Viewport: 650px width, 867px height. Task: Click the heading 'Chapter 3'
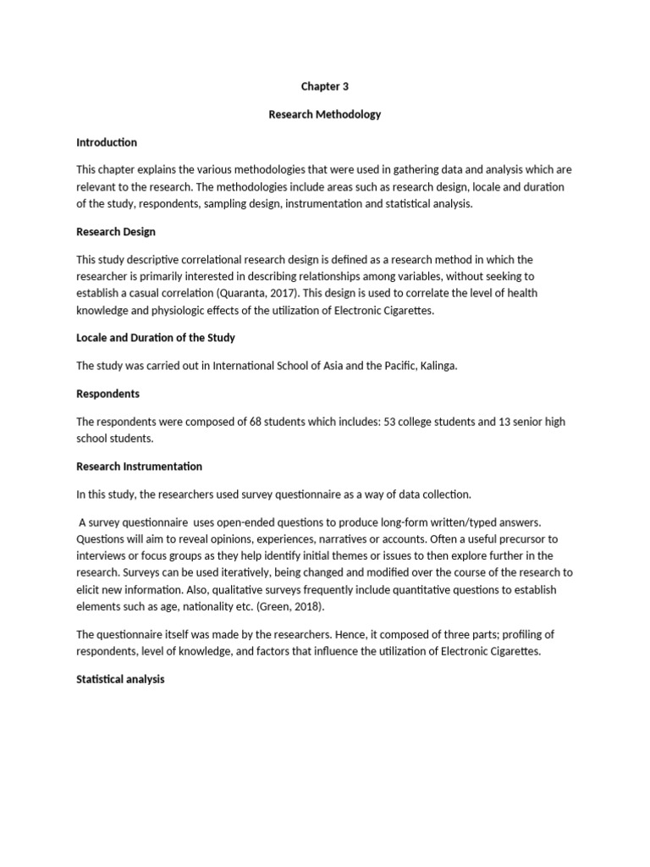(x=324, y=86)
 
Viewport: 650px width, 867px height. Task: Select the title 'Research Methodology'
(x=324, y=114)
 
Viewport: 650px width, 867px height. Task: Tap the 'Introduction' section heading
(x=107, y=142)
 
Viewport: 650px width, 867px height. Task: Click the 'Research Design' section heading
(x=116, y=231)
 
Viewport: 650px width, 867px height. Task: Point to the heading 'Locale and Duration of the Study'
(x=156, y=338)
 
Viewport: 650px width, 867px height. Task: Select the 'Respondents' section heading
(x=108, y=394)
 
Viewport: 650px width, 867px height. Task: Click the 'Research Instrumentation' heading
(x=140, y=467)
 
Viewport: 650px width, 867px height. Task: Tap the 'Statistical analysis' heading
(x=120, y=679)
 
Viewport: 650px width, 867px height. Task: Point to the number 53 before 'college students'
(x=394, y=422)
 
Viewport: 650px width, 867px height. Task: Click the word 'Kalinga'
(x=438, y=366)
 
